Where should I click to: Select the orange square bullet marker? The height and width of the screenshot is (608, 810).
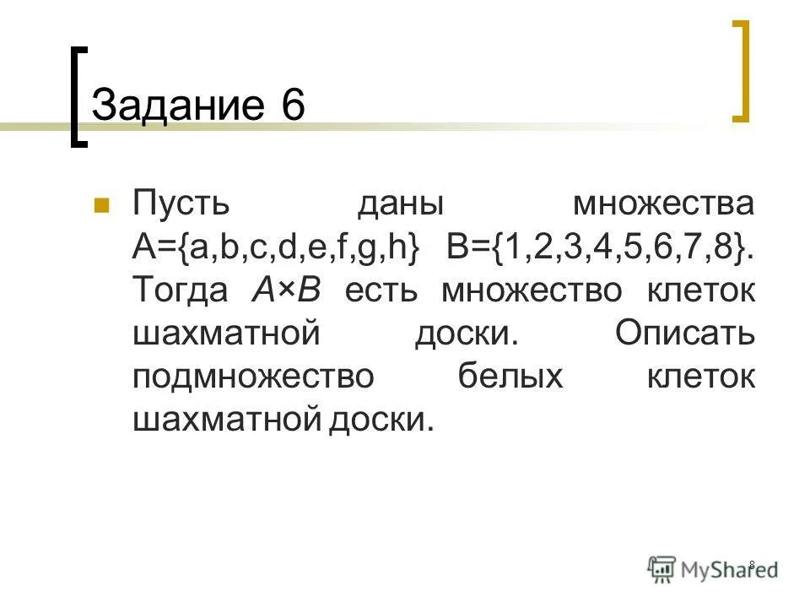click(100, 205)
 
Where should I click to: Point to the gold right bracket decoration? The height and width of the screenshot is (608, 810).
click(741, 71)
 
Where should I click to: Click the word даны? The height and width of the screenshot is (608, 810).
click(401, 205)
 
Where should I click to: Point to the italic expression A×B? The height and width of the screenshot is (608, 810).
click(287, 291)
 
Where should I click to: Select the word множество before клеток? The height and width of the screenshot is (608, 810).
click(532, 291)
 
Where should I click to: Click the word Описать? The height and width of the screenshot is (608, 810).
click(684, 334)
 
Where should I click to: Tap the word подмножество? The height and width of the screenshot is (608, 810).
click(252, 377)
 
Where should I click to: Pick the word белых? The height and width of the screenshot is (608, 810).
click(510, 377)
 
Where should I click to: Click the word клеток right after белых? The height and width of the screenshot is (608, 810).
click(701, 377)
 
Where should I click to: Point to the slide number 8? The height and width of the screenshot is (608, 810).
click(752, 564)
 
